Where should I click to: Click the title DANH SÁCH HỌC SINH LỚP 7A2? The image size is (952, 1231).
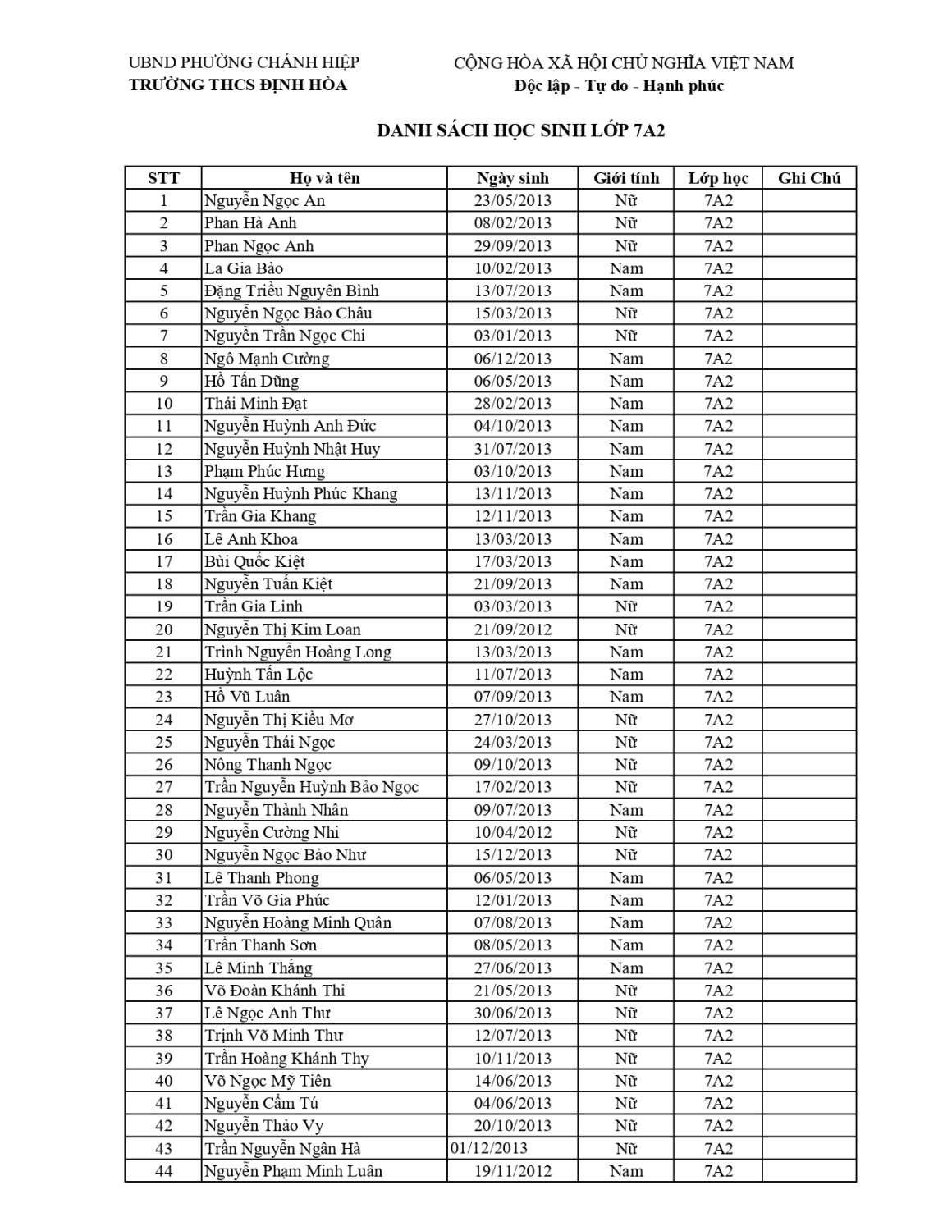point(520,130)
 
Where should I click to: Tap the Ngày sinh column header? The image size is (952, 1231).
point(513,178)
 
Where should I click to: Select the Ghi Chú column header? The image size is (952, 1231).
point(809,178)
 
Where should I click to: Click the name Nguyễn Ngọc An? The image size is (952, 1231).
point(264,201)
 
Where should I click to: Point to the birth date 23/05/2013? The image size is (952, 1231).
point(513,201)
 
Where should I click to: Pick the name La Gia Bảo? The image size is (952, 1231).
point(244,268)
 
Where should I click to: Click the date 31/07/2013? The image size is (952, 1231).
point(513,449)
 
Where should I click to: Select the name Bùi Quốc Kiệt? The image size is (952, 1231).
point(254,561)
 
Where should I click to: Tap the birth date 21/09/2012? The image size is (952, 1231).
point(513,629)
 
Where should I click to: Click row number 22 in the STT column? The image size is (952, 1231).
point(164,675)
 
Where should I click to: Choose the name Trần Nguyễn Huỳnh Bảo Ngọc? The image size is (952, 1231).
point(312,787)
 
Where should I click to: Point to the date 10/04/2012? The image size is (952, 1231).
point(513,832)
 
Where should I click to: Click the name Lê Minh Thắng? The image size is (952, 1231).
point(259,968)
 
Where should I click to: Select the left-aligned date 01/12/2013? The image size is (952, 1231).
point(489,1148)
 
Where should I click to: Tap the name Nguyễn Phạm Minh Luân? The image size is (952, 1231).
point(293,1171)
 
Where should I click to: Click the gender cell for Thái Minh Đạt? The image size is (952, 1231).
point(626,404)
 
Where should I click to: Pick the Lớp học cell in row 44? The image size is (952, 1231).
point(718,1171)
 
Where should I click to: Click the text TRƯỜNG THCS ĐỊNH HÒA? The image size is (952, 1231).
point(238,85)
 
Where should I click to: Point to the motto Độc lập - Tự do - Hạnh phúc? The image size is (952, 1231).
point(619,86)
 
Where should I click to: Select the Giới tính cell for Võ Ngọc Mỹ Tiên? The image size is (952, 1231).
point(626,1081)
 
